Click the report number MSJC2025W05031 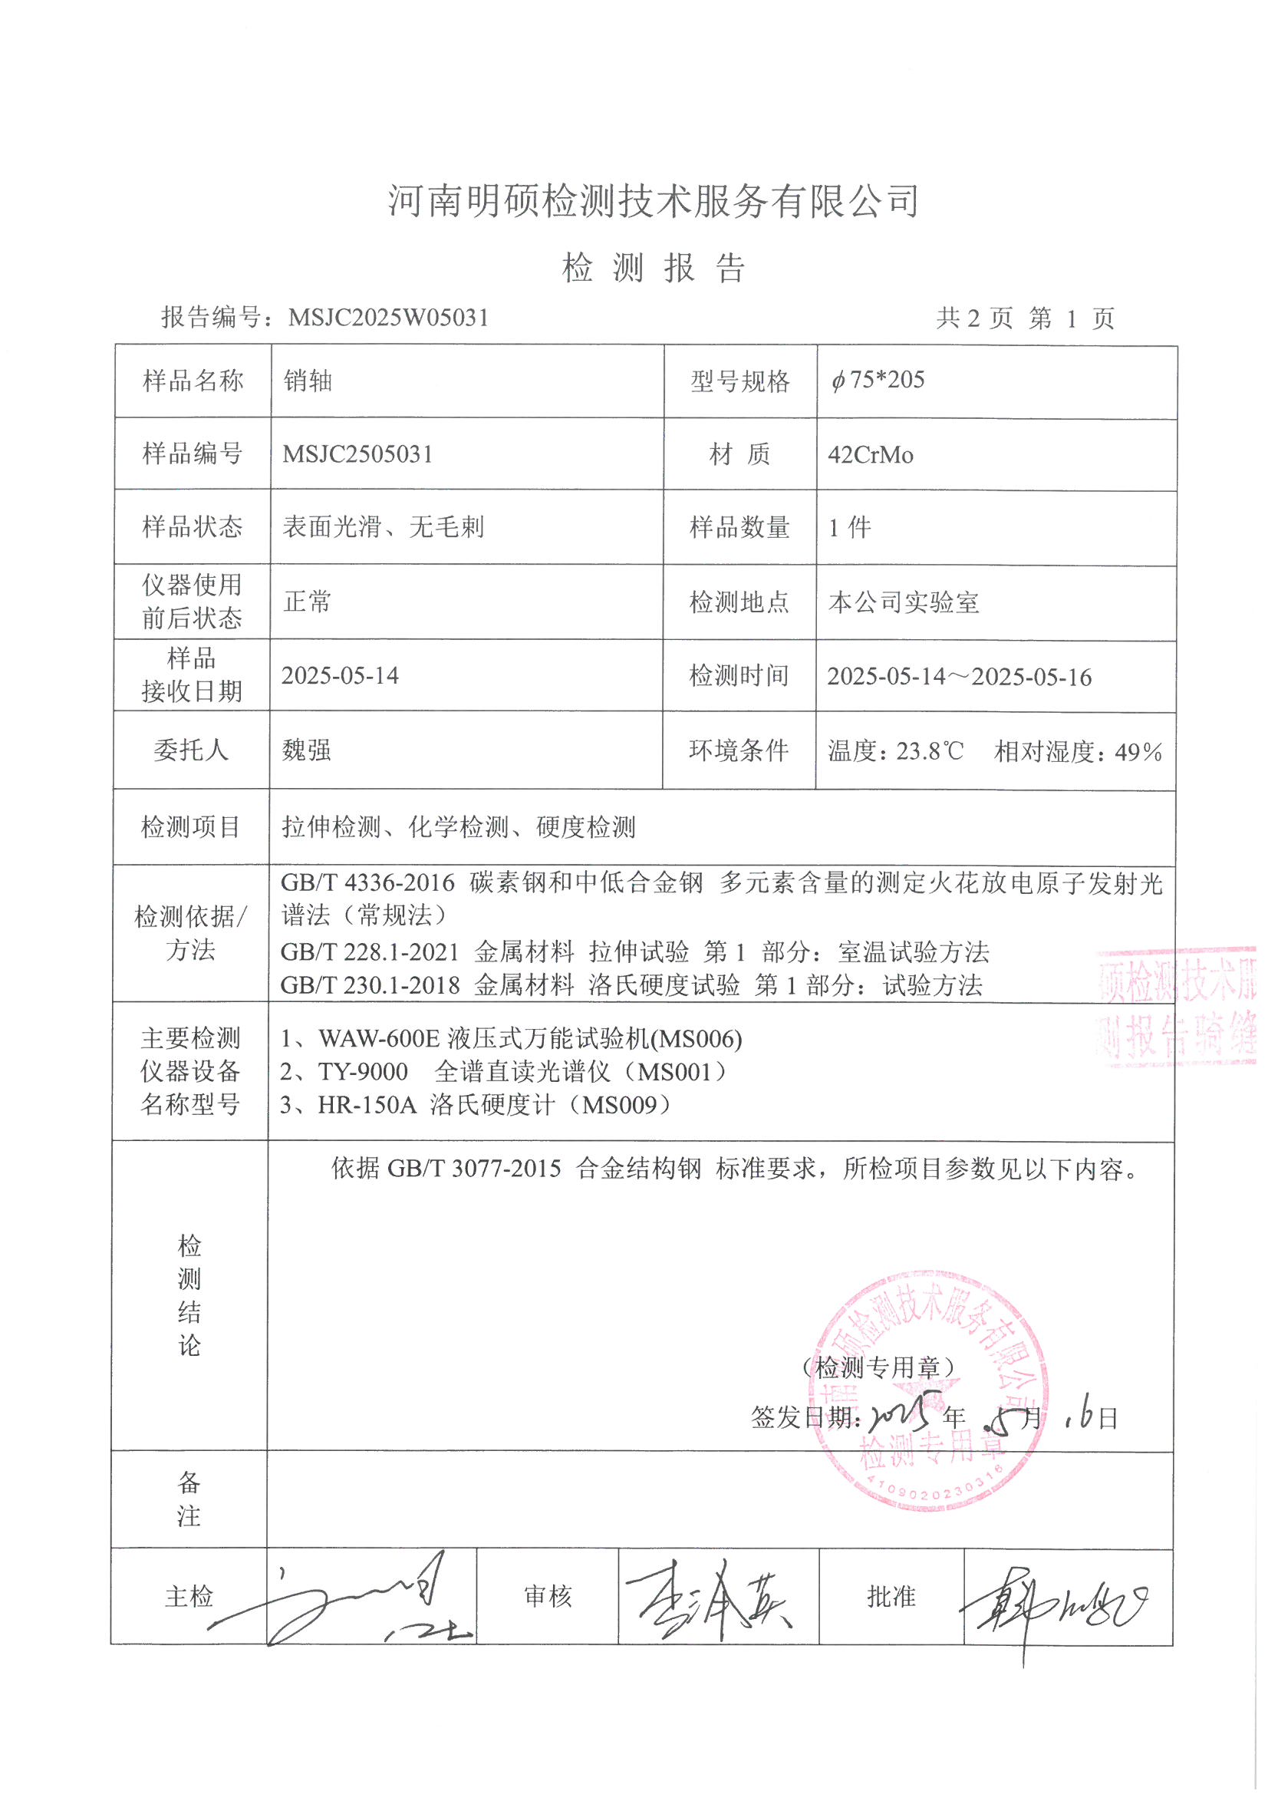pos(388,317)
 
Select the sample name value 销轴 pos(308,381)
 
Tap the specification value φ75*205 pos(878,380)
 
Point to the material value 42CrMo pos(871,455)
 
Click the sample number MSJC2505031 pos(357,454)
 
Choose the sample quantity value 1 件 pos(849,527)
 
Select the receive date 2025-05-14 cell pos(340,675)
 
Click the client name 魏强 pos(306,750)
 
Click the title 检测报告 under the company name pos(654,268)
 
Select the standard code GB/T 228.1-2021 pos(371,951)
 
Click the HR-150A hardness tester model pos(367,1105)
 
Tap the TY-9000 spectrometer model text pos(363,1071)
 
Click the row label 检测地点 pos(739,602)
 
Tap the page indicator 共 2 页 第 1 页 pos(1025,318)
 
